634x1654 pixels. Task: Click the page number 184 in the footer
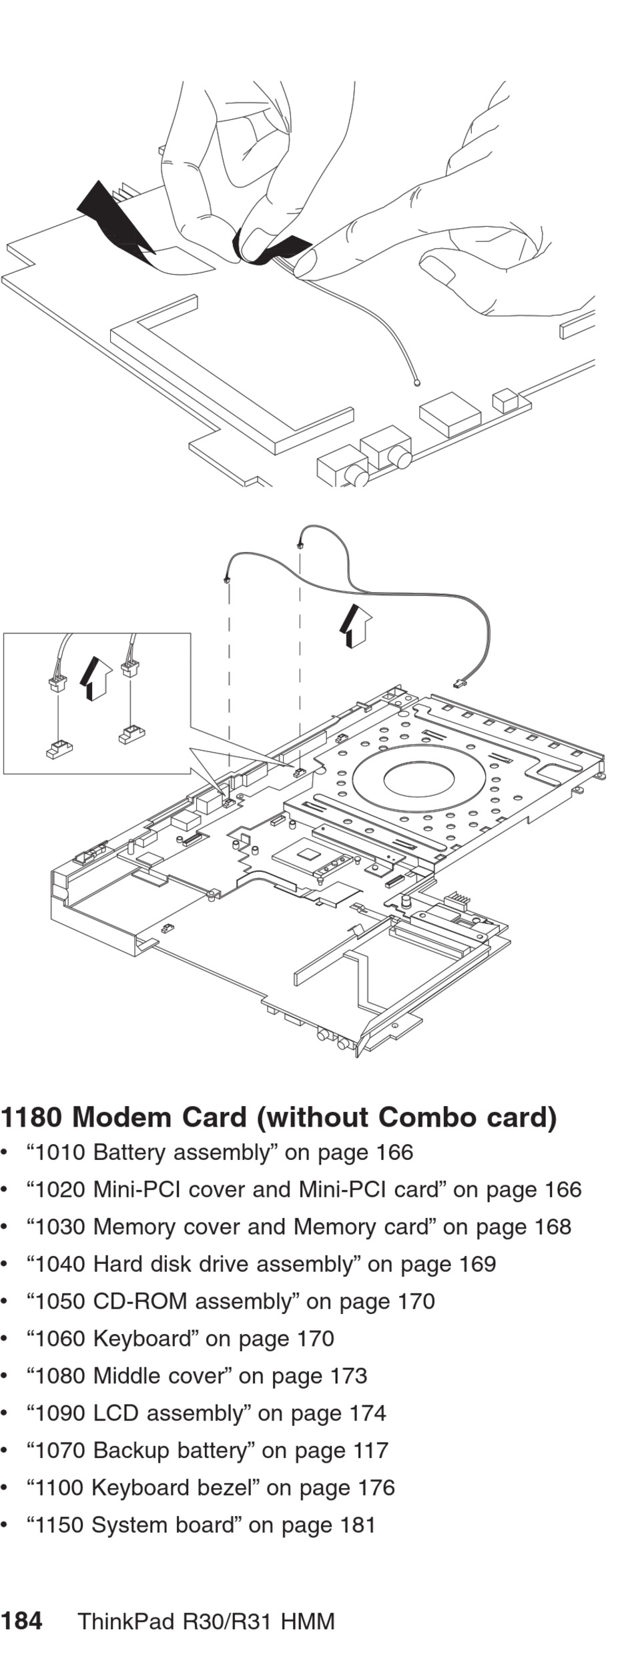pos(21,1621)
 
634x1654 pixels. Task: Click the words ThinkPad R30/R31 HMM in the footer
pos(206,1621)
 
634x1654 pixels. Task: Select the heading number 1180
pos(31,1117)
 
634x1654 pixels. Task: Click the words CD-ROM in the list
pos(139,1301)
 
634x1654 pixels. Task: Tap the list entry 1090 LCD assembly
pos(139,1413)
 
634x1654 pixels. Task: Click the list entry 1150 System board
pos(134,1525)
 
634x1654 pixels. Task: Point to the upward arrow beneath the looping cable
pos(354,626)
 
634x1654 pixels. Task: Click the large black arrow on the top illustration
pos(115,221)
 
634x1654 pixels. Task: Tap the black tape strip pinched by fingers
pos(268,247)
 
